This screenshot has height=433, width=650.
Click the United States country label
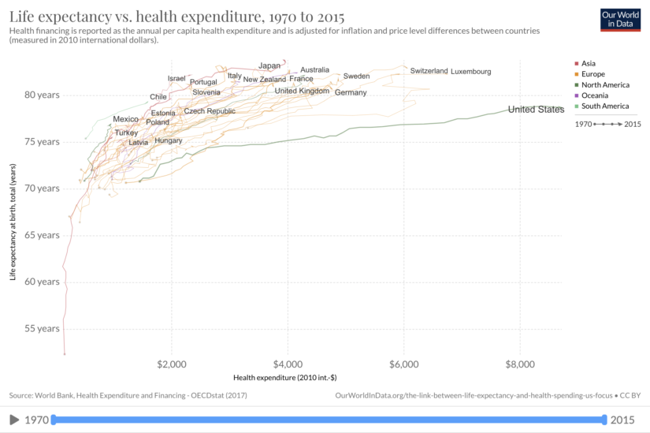pyautogui.click(x=536, y=110)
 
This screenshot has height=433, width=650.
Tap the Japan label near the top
pyautogui.click(x=269, y=65)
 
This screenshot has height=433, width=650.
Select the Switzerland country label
pyautogui.click(x=429, y=71)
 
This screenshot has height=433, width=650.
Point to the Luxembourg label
pyautogui.click(x=470, y=72)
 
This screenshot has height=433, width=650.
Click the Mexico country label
pyautogui.click(x=125, y=119)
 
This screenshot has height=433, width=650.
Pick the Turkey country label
pyautogui.click(x=126, y=133)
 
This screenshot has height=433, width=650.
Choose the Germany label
pyautogui.click(x=351, y=93)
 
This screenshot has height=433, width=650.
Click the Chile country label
pyautogui.click(x=158, y=97)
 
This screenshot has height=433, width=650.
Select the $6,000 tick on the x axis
pyautogui.click(x=403, y=364)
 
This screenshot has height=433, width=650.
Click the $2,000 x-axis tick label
pyautogui.click(x=171, y=364)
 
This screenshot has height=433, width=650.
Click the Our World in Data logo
pyautogui.click(x=619, y=20)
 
